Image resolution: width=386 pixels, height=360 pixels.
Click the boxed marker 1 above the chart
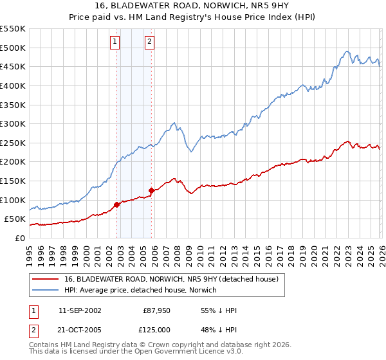tap(115, 42)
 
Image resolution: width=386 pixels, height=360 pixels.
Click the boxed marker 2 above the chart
tap(149, 42)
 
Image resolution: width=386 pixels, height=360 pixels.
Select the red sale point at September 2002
tap(117, 204)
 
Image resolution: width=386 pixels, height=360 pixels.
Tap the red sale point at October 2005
tap(152, 190)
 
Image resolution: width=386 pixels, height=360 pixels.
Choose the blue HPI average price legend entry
tap(141, 291)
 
